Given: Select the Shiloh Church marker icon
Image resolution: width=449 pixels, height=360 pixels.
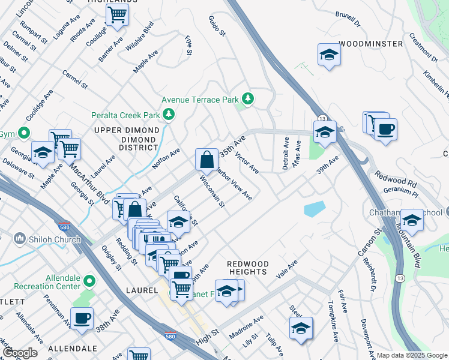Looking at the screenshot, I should [20, 239].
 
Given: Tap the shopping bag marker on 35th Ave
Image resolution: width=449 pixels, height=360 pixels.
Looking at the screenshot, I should [206, 160].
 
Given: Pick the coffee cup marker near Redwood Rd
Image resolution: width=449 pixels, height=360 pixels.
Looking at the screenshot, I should [385, 129].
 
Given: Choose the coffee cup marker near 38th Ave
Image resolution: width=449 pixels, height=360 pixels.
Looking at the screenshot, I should [82, 317].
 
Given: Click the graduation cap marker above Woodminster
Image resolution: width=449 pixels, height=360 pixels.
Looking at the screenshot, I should [328, 55].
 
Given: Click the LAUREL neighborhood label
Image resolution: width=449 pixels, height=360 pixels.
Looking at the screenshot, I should [142, 290].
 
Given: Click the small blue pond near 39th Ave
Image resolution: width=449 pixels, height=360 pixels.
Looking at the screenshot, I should [315, 209].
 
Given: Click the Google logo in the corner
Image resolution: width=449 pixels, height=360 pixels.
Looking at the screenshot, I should [20, 353].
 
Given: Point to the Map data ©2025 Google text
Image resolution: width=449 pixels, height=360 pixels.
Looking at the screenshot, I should [411, 355].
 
